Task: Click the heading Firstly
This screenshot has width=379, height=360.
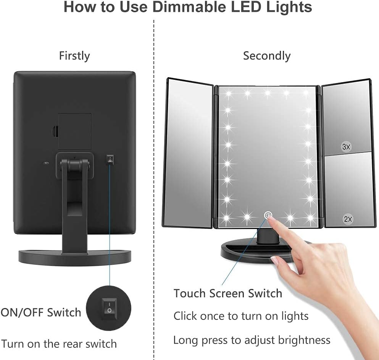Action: pyautogui.click(x=74, y=56)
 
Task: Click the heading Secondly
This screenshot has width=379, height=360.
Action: pyautogui.click(x=267, y=56)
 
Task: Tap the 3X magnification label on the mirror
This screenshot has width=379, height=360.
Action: pyautogui.click(x=346, y=146)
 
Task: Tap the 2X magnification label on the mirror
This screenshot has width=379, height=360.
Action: pyautogui.click(x=348, y=219)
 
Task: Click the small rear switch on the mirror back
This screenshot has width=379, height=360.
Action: pyautogui.click(x=110, y=159)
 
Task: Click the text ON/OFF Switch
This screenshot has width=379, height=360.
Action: pyautogui.click(x=41, y=312)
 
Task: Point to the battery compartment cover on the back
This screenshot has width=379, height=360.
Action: pyautogui.click(x=74, y=131)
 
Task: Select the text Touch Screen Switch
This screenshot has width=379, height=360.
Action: pyautogui.click(x=228, y=294)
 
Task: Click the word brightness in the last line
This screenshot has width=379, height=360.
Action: pyautogui.click(x=304, y=340)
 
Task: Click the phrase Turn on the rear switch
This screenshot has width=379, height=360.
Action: pyautogui.click(x=59, y=344)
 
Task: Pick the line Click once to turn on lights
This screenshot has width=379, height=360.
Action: pyautogui.click(x=241, y=316)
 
